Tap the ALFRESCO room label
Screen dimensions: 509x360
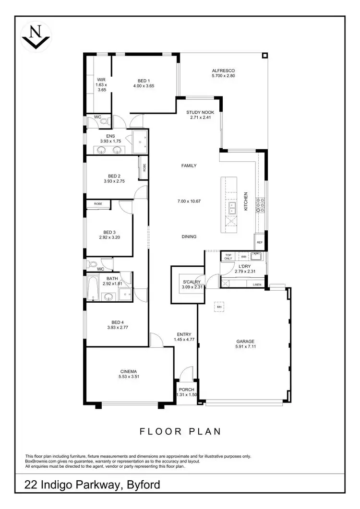coord(223,70)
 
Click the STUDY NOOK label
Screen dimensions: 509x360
coord(199,112)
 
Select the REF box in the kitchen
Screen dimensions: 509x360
coord(260,243)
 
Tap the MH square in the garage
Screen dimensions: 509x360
coord(219,307)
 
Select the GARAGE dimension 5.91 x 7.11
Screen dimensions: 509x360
coord(245,346)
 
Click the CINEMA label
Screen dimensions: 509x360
coord(129,371)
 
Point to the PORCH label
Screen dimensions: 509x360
coord(186,389)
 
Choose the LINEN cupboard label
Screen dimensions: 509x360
coord(256,285)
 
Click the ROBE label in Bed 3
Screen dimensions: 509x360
coord(98,204)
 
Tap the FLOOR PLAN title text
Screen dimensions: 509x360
coord(180,431)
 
